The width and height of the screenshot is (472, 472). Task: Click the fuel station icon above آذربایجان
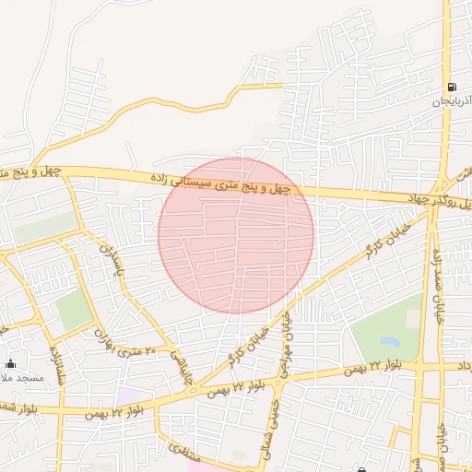[452, 87]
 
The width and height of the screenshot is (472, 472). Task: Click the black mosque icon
[10, 362]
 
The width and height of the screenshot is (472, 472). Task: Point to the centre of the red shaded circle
[236, 235]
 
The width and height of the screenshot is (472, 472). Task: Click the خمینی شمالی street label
[273, 423]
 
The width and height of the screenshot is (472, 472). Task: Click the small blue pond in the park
[410, 319]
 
